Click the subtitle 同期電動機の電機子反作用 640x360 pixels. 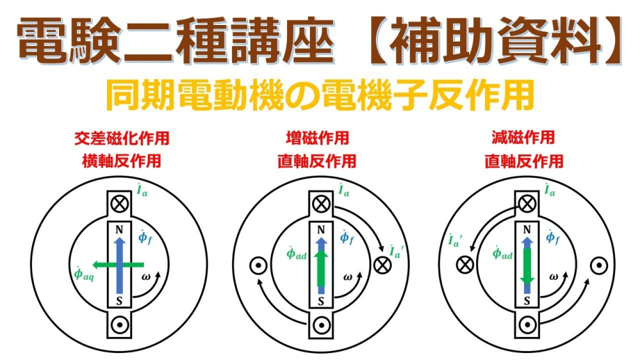(320, 95)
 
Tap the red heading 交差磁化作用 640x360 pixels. (122, 138)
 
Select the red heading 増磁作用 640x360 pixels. (318, 138)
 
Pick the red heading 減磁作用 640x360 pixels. (523, 137)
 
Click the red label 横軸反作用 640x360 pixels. (122, 160)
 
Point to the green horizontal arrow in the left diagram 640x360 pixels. (118, 265)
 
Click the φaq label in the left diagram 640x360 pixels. (83, 274)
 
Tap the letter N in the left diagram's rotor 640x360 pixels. (119, 230)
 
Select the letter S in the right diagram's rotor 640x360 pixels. (527, 301)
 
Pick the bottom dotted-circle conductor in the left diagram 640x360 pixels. (120, 325)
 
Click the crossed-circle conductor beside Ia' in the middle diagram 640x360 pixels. (382, 265)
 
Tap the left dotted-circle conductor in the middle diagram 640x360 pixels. (258, 266)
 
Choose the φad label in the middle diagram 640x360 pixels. (297, 254)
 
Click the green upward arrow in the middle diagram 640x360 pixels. (322, 268)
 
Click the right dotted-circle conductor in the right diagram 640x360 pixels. (599, 266)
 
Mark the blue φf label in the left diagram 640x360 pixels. (145, 237)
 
